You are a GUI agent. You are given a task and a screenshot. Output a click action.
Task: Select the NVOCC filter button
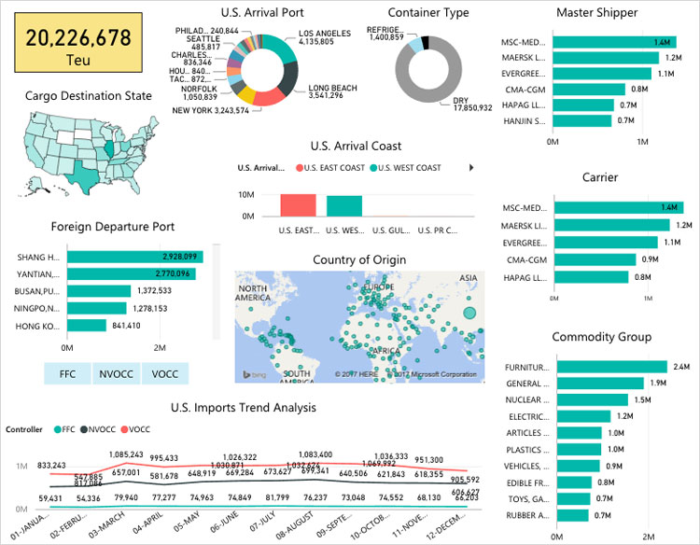tap(117, 373)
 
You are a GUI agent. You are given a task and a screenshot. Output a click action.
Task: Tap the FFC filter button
tap(67, 373)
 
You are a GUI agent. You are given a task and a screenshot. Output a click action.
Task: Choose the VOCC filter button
tap(164, 373)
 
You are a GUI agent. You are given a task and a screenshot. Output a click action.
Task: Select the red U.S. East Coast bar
tap(298, 206)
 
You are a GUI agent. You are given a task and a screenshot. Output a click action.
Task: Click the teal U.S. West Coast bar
tap(343, 206)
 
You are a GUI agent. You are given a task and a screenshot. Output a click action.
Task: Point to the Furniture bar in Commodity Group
tap(611, 367)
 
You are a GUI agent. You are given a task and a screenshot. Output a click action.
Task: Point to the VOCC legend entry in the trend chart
tap(135, 429)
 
